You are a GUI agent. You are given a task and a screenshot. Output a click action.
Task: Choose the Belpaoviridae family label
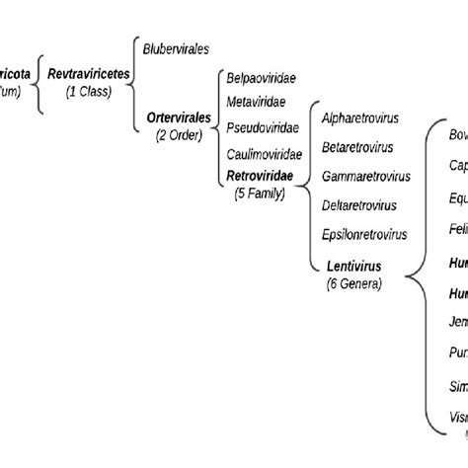click(x=262, y=76)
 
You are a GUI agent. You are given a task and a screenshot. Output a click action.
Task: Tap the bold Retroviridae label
click(x=259, y=176)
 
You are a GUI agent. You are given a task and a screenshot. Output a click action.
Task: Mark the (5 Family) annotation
click(x=259, y=193)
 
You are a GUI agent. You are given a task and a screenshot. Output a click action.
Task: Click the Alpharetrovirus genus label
click(x=361, y=117)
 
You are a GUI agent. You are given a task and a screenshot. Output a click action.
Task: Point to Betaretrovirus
click(x=357, y=147)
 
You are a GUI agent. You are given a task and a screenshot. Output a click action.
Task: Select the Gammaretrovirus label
click(x=364, y=177)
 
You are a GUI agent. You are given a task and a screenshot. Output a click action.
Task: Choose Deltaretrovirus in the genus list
click(x=359, y=205)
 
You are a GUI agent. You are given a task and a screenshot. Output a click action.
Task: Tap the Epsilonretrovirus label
click(x=363, y=235)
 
